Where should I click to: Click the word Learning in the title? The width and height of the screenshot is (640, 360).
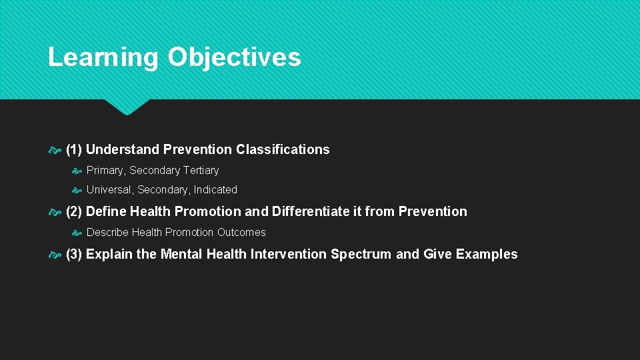(103, 57)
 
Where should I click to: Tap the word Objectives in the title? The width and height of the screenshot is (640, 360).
(234, 57)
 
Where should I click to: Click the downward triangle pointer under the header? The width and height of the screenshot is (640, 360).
(127, 107)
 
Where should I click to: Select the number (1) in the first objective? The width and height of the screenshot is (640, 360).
(74, 150)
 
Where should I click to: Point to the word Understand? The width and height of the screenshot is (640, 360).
(123, 150)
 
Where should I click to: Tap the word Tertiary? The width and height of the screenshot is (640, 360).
(201, 171)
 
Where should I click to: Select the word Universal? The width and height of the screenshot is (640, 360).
(110, 190)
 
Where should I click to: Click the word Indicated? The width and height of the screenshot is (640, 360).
(215, 190)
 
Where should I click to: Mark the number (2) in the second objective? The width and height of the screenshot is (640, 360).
(74, 212)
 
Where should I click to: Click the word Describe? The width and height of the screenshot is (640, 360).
(107, 233)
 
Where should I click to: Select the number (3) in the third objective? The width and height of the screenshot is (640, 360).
(74, 255)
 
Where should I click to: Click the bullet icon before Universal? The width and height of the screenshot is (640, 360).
(77, 191)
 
